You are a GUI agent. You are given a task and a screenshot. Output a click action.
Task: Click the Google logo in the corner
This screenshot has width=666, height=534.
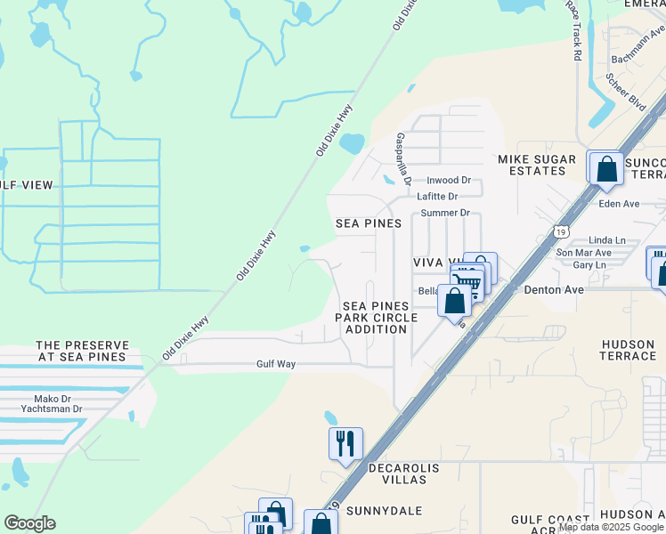[29, 523]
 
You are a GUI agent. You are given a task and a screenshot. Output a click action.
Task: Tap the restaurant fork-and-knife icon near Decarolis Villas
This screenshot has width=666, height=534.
[345, 443]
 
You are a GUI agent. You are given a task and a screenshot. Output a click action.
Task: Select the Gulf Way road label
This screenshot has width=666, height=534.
[275, 364]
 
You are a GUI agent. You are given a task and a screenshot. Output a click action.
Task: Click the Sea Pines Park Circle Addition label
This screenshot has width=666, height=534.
[378, 318]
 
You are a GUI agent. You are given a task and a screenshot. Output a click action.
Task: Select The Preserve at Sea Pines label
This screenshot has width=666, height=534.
[82, 351]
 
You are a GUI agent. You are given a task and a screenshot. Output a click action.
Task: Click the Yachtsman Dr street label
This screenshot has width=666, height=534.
[52, 409]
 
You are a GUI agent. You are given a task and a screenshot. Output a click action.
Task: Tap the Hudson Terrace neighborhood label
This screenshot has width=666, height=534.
[629, 350]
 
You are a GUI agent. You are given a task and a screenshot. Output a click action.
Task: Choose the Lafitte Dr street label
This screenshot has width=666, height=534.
[439, 197]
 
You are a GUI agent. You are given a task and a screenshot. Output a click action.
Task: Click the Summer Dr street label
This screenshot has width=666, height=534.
[444, 213]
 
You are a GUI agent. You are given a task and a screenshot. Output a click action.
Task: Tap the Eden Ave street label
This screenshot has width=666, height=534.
[620, 204]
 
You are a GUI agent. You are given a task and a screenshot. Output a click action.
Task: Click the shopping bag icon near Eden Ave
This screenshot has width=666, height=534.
[606, 168]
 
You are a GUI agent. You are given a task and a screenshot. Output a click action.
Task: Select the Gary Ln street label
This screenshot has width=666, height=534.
[589, 265]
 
